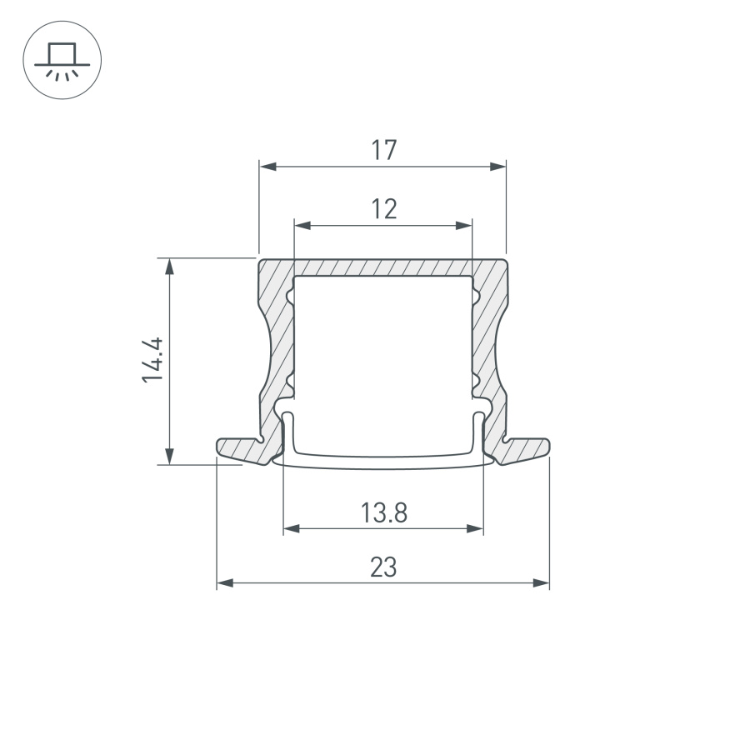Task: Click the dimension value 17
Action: (x=383, y=151)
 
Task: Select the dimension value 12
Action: (x=383, y=209)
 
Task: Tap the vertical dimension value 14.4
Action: (x=151, y=360)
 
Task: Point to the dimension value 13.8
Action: (x=383, y=512)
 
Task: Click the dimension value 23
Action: (x=383, y=567)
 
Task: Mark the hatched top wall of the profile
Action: (x=383, y=267)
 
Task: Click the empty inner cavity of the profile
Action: (x=383, y=350)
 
